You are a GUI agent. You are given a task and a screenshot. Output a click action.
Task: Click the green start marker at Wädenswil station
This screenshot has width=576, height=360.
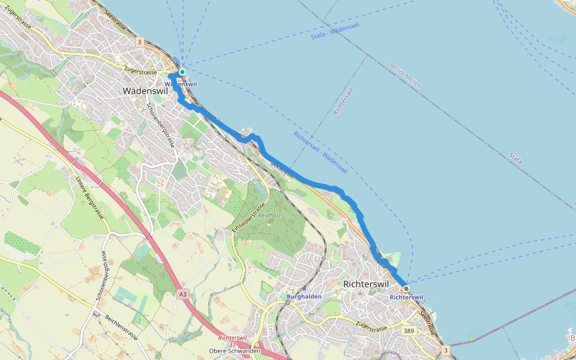[182, 72]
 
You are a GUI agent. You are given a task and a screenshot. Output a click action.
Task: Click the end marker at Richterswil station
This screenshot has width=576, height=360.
[407, 289]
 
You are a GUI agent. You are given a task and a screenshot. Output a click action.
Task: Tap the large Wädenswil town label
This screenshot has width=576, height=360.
[145, 91]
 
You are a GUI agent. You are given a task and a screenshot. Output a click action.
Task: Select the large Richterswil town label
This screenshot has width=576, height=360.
[366, 284]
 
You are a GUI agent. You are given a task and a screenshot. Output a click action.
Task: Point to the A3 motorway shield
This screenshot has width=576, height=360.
[183, 294]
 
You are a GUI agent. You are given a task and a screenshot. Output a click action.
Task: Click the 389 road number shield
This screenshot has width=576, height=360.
[409, 331]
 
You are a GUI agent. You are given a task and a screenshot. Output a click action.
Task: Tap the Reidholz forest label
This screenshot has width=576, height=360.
[269, 215]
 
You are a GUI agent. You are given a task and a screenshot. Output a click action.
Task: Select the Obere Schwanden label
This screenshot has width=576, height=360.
[235, 351]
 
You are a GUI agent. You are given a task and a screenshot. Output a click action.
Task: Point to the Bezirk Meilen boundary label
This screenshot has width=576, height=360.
[405, 76]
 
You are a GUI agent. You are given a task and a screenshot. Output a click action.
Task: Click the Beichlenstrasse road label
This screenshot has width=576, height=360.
[121, 328]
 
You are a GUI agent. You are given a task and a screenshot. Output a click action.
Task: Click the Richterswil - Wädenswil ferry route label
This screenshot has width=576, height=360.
[320, 152]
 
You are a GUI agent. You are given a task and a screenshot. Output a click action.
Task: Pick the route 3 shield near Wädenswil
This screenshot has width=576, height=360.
[139, 42]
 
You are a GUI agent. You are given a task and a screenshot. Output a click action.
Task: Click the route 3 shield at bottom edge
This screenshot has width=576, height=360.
[445, 349]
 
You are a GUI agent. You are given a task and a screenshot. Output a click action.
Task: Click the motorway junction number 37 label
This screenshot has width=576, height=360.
[231, 344]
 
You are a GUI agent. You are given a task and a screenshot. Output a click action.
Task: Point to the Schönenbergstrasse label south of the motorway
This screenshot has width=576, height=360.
[100, 275]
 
